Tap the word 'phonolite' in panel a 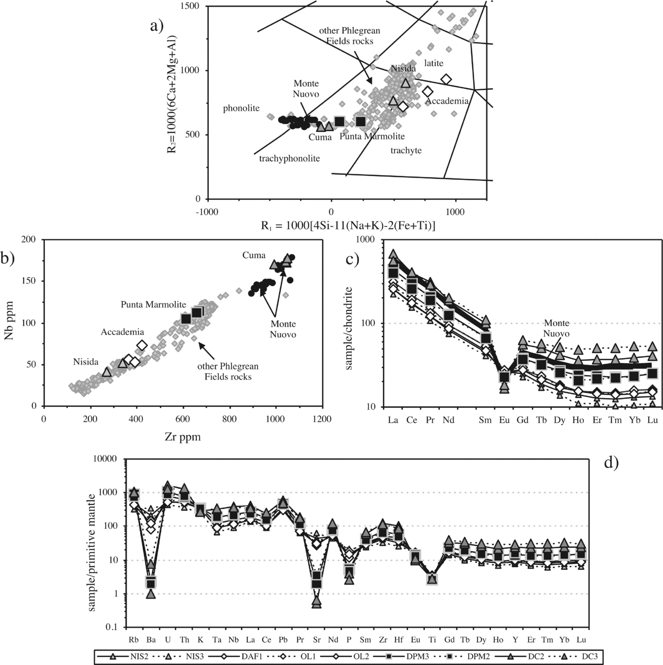[x=241, y=108]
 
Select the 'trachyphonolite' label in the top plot [x=290, y=158]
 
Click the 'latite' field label [x=434, y=63]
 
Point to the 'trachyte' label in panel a [x=406, y=150]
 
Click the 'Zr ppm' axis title [x=182, y=437]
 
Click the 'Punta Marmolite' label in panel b [x=153, y=304]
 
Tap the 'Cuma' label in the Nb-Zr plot [x=254, y=255]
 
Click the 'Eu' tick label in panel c [x=504, y=420]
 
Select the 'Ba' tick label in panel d [x=151, y=640]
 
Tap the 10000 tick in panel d [x=105, y=459]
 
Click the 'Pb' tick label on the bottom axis [x=283, y=640]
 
